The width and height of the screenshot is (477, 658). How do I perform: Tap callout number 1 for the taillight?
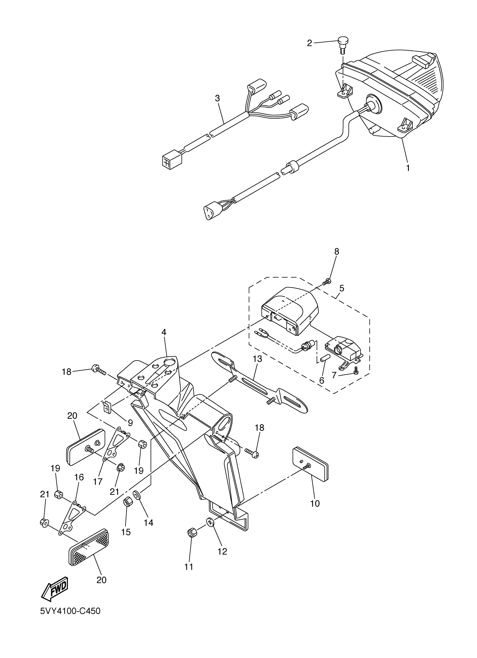[x=408, y=168]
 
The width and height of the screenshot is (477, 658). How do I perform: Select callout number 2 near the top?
[x=309, y=43]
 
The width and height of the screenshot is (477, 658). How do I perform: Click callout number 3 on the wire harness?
[x=217, y=98]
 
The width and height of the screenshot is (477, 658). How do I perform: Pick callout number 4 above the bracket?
[x=164, y=332]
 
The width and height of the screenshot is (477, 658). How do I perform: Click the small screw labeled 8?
[x=327, y=281]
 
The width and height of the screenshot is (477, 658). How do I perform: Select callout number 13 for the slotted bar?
[x=257, y=359]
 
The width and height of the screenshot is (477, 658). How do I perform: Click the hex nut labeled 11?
[x=191, y=533]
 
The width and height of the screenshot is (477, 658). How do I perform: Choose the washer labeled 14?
[x=137, y=494]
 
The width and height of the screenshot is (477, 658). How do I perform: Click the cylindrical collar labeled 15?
[x=127, y=501]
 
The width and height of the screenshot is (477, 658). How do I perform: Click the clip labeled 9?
[x=107, y=408]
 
